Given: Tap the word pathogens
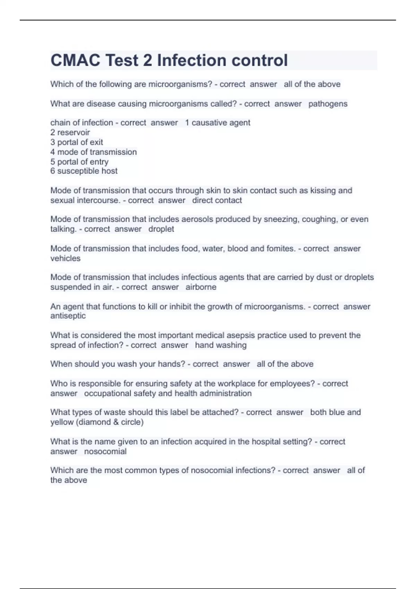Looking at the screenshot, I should (x=328, y=104).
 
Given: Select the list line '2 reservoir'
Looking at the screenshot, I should (x=70, y=132).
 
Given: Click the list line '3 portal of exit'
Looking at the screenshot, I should (x=77, y=142).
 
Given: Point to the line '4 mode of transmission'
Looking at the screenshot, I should (x=94, y=152).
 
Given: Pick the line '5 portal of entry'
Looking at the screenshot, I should (x=79, y=161).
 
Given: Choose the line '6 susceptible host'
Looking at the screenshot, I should (x=84, y=171).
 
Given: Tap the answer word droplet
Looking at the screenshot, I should (x=161, y=229).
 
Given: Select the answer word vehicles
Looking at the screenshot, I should (x=65, y=258).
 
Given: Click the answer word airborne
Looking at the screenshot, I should (x=201, y=287).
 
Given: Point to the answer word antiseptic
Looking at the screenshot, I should (x=68, y=316).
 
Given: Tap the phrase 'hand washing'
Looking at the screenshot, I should (x=221, y=345).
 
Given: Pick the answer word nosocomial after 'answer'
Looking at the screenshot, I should (x=105, y=451).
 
